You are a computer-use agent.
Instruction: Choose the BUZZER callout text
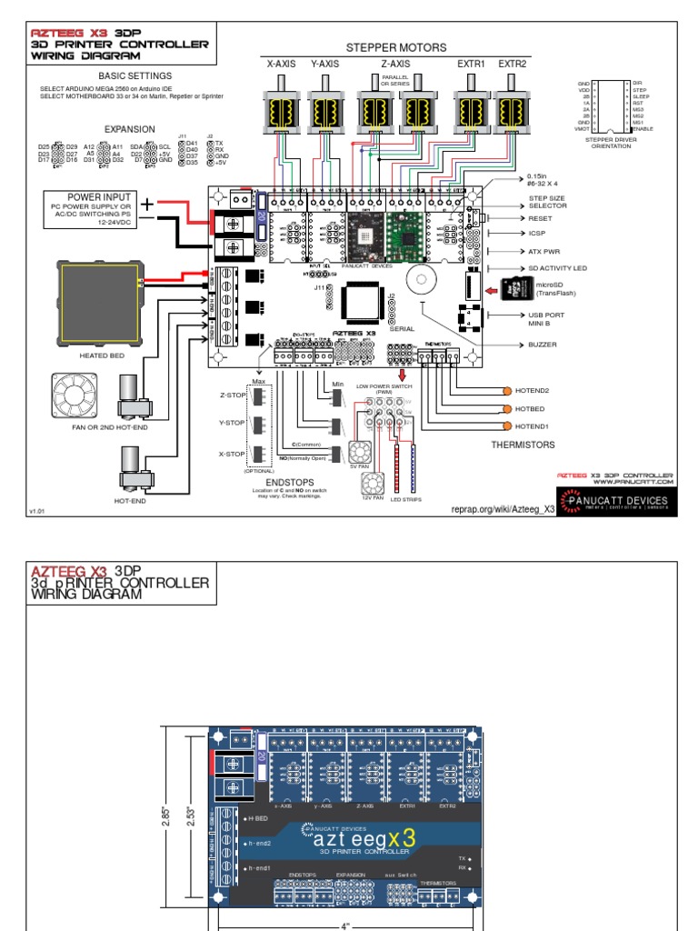coord(543,345)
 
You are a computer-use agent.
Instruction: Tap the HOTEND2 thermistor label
coord(533,390)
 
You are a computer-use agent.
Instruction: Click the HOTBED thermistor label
coord(531,408)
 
